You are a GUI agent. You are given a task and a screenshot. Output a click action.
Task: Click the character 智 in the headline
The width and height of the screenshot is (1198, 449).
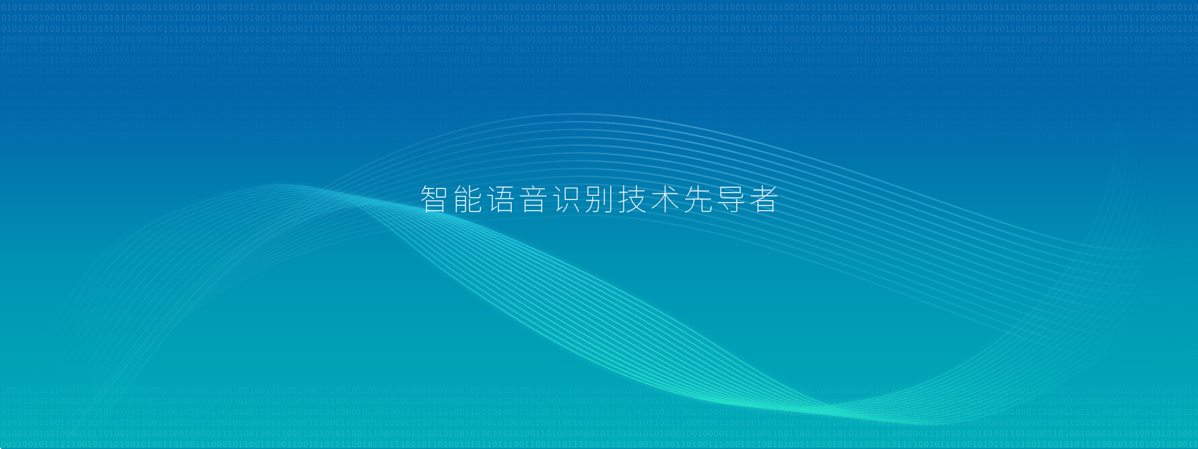(434, 200)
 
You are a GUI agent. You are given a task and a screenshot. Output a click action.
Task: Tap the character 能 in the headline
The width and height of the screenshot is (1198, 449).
(467, 200)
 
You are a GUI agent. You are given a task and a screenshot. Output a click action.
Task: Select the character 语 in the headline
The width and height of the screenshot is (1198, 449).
(500, 200)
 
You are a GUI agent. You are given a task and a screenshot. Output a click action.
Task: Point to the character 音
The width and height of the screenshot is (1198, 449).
(533, 200)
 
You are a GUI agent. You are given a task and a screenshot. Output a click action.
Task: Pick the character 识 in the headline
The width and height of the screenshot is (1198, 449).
(567, 200)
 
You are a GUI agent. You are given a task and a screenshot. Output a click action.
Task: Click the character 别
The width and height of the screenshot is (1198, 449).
(600, 200)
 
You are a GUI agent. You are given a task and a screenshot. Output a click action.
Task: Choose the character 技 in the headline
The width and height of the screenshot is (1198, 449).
(633, 200)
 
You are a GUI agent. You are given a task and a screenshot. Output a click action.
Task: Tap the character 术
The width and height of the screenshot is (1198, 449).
(666, 200)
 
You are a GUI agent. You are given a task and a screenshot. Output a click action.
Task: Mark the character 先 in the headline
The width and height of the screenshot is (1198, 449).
(699, 200)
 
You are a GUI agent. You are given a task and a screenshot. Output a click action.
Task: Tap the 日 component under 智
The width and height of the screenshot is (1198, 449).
(435, 207)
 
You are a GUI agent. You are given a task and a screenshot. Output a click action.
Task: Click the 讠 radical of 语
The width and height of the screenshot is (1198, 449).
(490, 200)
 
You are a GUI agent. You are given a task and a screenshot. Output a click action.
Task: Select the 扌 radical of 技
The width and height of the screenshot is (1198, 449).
(623, 200)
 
